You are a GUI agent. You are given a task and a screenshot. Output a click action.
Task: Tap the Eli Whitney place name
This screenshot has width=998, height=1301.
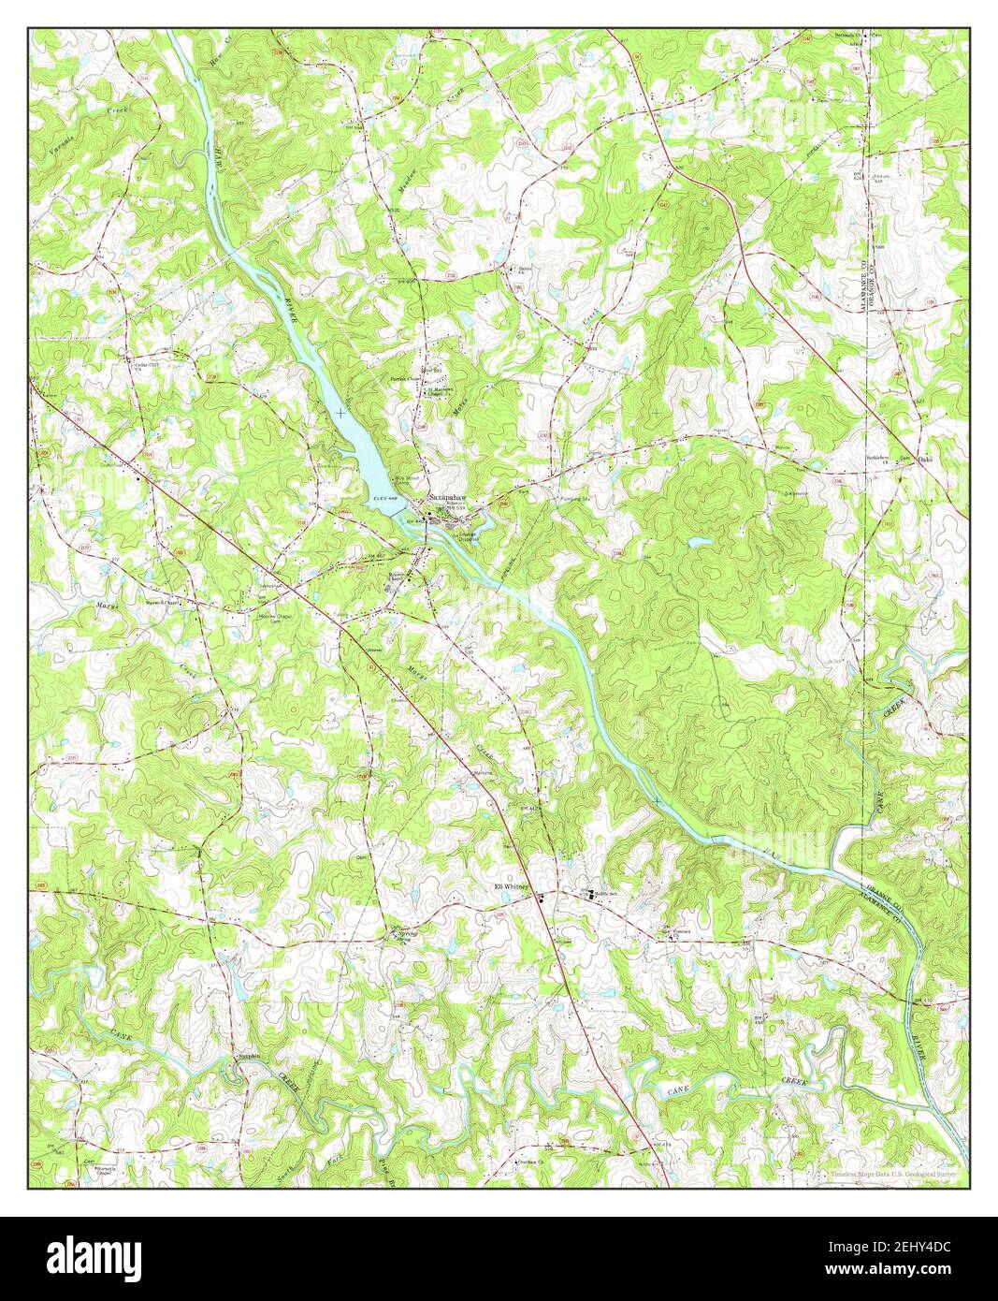tap(512, 886)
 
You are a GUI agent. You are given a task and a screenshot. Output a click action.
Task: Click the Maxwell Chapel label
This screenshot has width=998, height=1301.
tap(161, 603)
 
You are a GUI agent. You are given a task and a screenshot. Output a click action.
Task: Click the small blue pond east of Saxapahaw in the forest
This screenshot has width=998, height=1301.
tap(698, 542)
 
